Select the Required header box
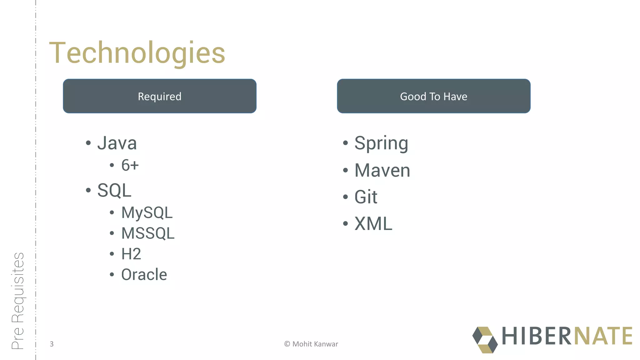160,96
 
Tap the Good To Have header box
433,96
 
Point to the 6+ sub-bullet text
130,165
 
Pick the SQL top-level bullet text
114,190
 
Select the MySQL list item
147,212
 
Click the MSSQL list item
148,233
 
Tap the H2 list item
131,254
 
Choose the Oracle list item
144,275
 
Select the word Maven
382,170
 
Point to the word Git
366,197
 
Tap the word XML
373,224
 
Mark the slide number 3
52,344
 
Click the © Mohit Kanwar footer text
311,344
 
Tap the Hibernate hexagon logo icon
485,340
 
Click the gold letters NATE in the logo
603,336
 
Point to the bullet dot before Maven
345,170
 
